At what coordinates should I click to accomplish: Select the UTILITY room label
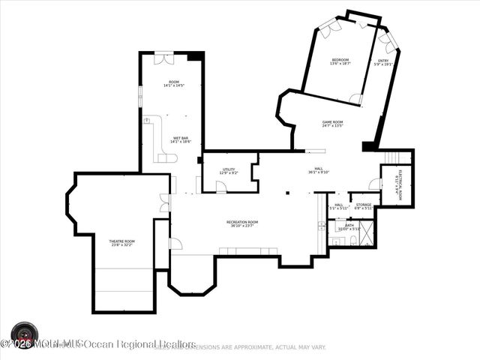pyautogui.click(x=229, y=169)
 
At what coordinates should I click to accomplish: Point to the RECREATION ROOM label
pyautogui.click(x=242, y=222)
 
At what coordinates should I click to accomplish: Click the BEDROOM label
pyautogui.click(x=340, y=59)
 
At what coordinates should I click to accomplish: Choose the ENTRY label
pyautogui.click(x=383, y=61)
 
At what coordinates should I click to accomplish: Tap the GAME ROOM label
pyautogui.click(x=332, y=122)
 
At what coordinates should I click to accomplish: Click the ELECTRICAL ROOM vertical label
pyautogui.click(x=401, y=183)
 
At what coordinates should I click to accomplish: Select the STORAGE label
pyautogui.click(x=363, y=205)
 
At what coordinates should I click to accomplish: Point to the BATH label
pyautogui.click(x=349, y=224)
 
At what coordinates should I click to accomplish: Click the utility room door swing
pyautogui.click(x=220, y=187)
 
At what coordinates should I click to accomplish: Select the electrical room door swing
pyautogui.click(x=374, y=184)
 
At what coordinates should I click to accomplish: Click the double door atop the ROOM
pyautogui.click(x=163, y=58)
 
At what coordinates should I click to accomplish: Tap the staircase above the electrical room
pyautogui.click(x=398, y=157)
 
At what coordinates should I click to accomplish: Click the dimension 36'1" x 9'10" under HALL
pyautogui.click(x=318, y=172)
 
